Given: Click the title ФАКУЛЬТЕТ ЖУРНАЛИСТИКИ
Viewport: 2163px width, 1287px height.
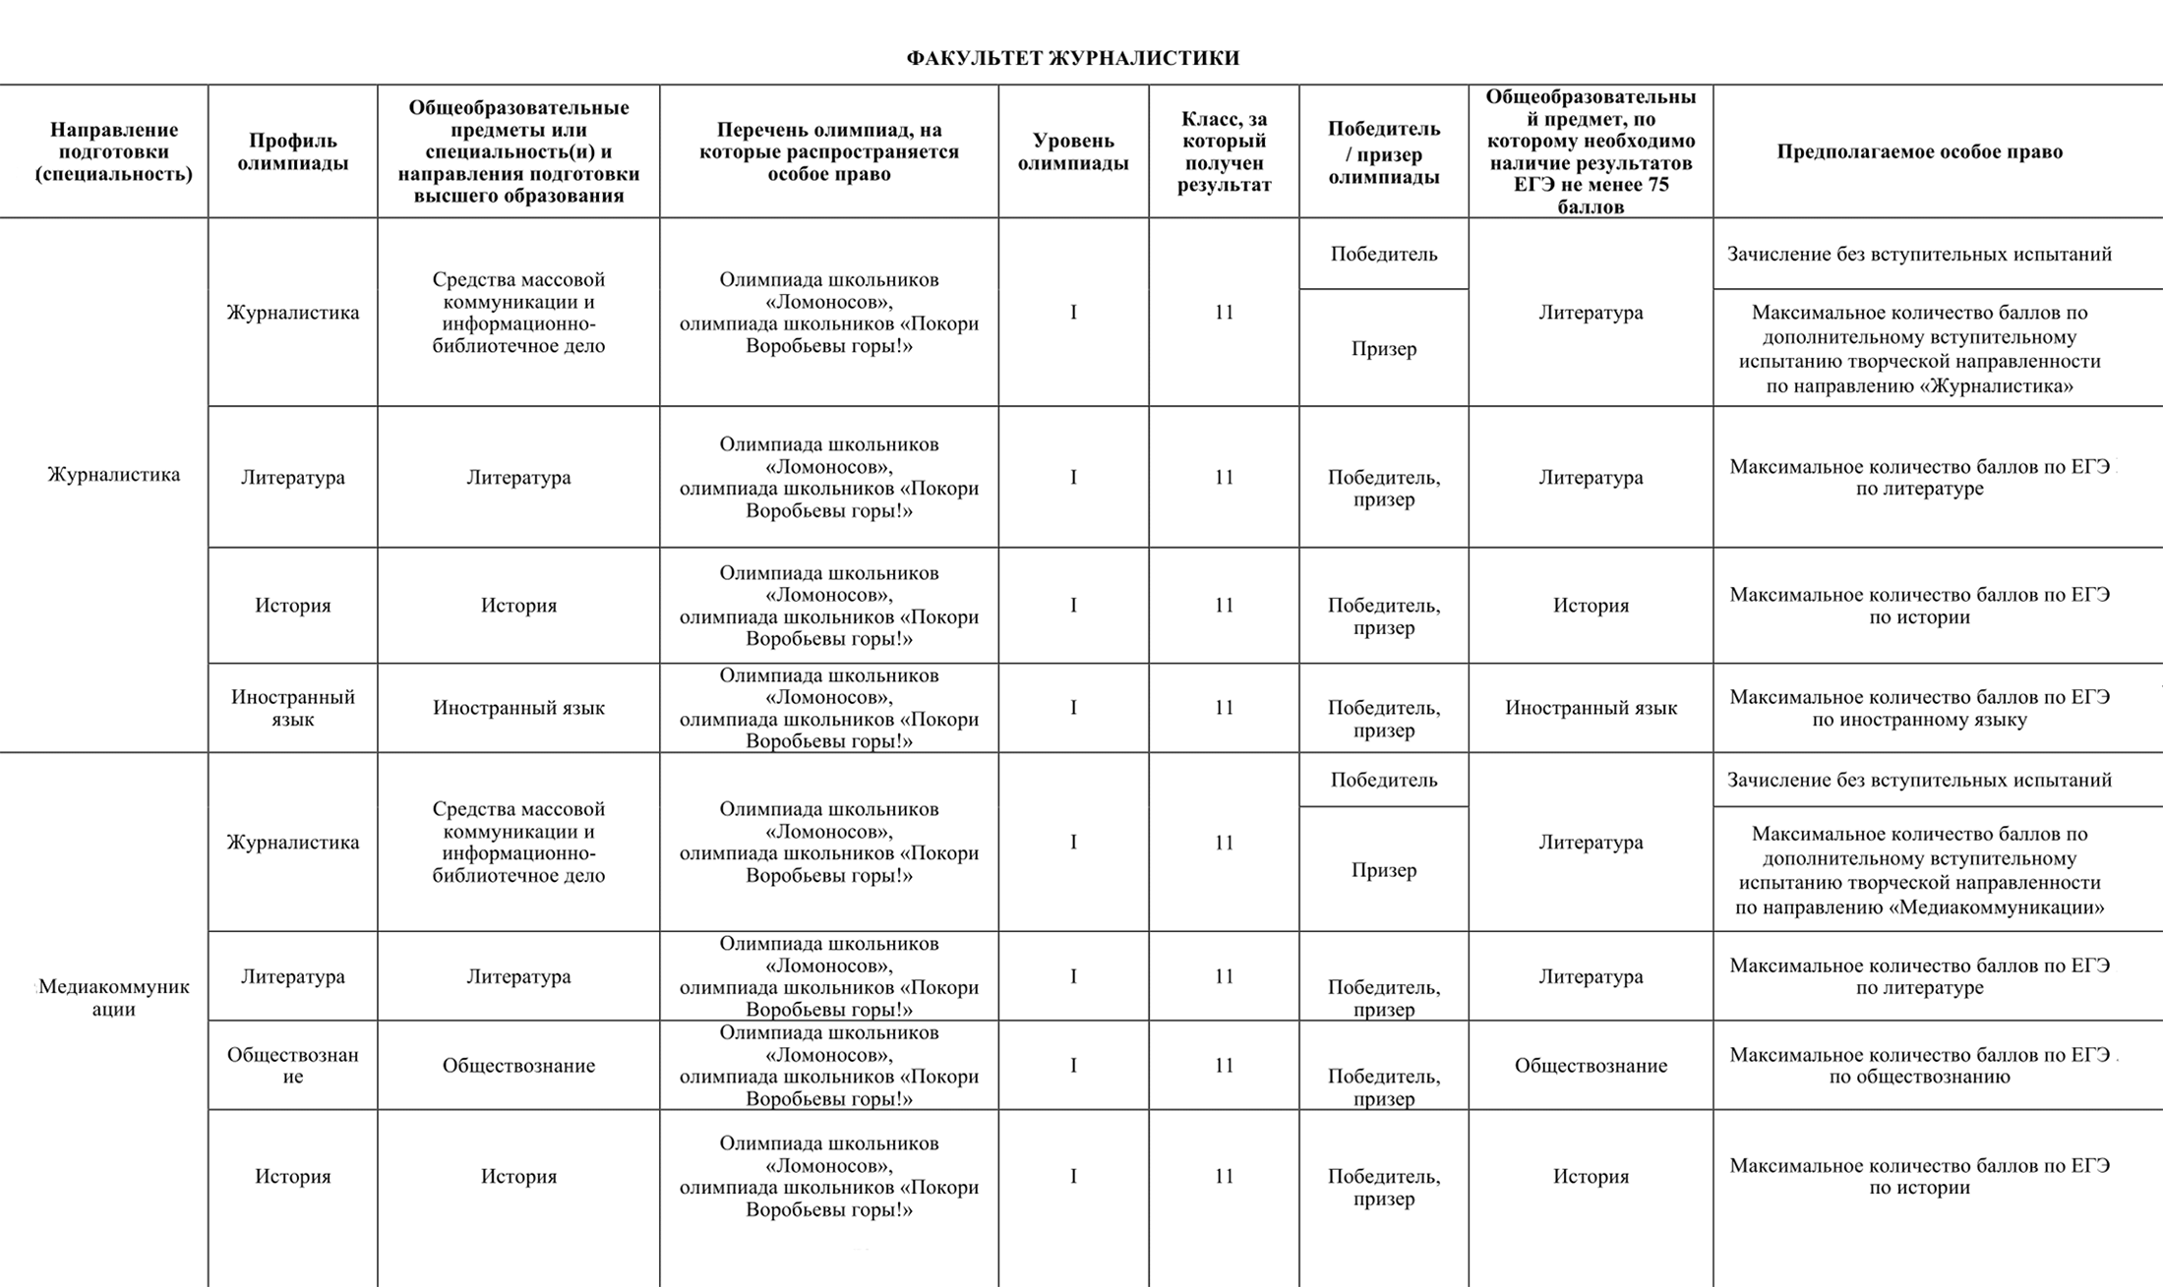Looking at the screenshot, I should click(x=1072, y=58).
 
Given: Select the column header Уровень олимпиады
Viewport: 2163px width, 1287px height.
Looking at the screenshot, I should click(x=1073, y=152).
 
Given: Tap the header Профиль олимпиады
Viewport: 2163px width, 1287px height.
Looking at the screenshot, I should click(x=292, y=152).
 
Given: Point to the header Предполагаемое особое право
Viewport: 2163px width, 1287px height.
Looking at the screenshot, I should click(x=1919, y=151).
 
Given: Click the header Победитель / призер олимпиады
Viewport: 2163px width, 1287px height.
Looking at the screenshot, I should click(x=1383, y=152).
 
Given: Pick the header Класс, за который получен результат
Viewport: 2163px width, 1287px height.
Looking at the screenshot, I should click(x=1224, y=151).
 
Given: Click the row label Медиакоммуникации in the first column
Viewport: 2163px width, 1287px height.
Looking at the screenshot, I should click(x=113, y=997).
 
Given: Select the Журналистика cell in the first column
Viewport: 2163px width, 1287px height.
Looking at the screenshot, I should click(x=113, y=475).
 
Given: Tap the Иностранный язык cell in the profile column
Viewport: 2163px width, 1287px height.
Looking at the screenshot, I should click(x=292, y=708).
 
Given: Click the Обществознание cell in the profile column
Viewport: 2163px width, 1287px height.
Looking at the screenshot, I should click(x=292, y=1065).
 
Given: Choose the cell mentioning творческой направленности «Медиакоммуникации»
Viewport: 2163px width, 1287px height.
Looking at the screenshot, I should click(x=1919, y=870).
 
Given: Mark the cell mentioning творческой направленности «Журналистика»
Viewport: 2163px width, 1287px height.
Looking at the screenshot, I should click(x=1919, y=349).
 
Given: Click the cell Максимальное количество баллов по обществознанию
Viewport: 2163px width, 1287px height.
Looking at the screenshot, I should click(x=1919, y=1065).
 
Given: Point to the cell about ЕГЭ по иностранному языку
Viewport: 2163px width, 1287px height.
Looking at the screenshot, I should click(x=1919, y=708).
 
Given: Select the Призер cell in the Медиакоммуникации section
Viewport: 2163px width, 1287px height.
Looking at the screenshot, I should click(x=1383, y=870).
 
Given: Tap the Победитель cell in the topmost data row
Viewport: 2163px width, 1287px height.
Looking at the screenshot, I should click(x=1383, y=254).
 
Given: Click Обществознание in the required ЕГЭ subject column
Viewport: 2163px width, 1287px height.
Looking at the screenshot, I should click(x=1590, y=1066).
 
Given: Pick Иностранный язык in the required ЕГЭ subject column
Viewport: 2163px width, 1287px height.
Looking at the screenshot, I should click(x=1590, y=708).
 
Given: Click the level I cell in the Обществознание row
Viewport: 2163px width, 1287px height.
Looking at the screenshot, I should click(x=1073, y=1066).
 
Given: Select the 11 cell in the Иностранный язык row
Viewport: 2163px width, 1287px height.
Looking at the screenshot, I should click(x=1224, y=708).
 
